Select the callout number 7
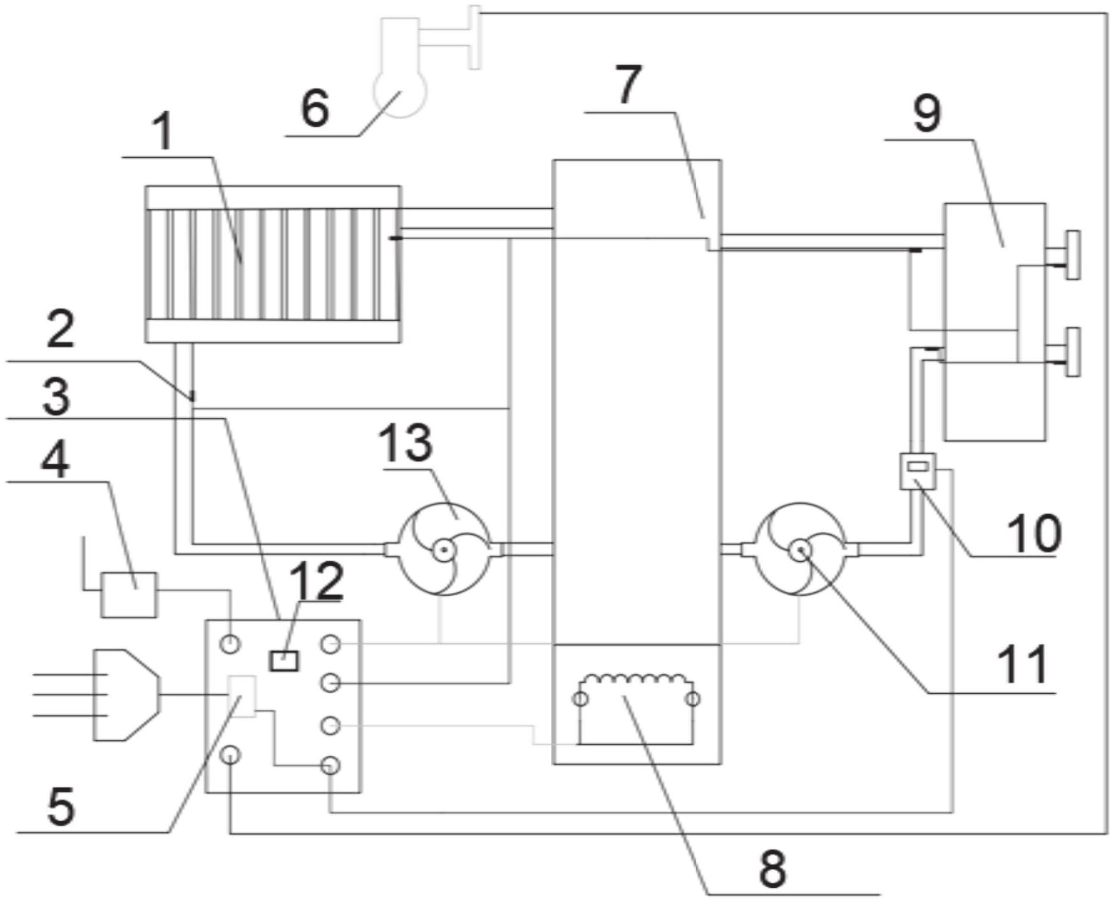[x=628, y=85]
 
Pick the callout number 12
[x=316, y=580]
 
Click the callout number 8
[x=772, y=868]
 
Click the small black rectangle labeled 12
[x=284, y=661]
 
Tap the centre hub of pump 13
[x=444, y=551]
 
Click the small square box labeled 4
[x=129, y=594]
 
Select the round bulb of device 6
[x=400, y=92]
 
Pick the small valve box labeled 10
[x=918, y=471]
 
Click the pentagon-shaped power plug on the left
[x=127, y=695]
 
